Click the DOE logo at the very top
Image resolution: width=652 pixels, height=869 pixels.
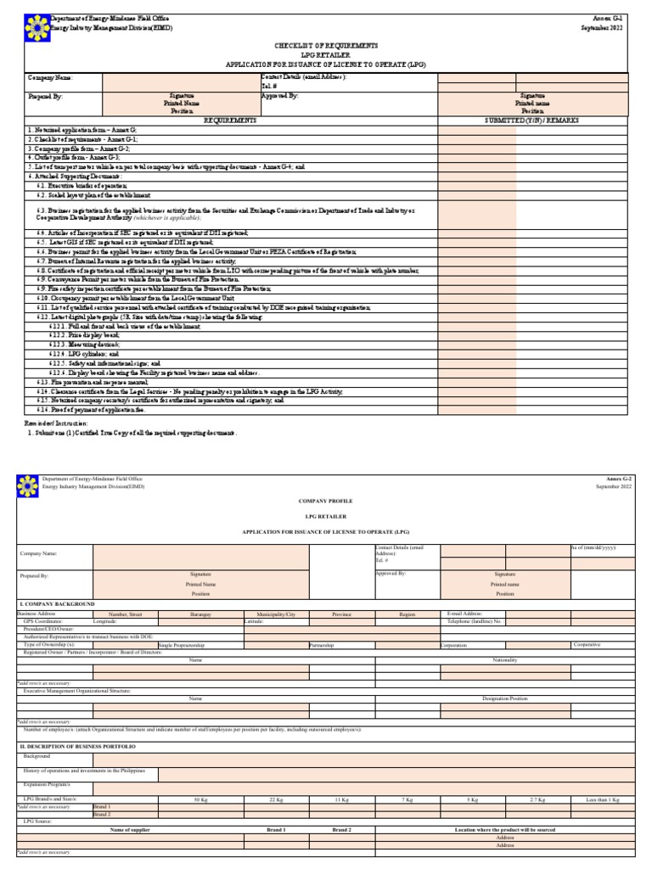(x=37, y=23)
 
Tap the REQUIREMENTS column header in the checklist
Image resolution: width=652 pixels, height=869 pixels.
(x=229, y=121)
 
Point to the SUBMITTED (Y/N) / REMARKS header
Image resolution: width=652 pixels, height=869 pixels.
(x=532, y=121)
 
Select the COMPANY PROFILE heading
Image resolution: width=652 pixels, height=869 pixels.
(x=327, y=502)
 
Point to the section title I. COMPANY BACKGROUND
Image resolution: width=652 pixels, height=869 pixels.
(x=57, y=603)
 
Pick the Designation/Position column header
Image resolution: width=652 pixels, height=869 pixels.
(x=505, y=698)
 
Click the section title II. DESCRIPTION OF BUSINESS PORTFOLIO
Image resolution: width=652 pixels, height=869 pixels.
(x=77, y=745)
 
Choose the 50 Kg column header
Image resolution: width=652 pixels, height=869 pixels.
(x=200, y=799)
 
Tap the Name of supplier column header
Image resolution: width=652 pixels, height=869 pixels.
(x=130, y=829)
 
